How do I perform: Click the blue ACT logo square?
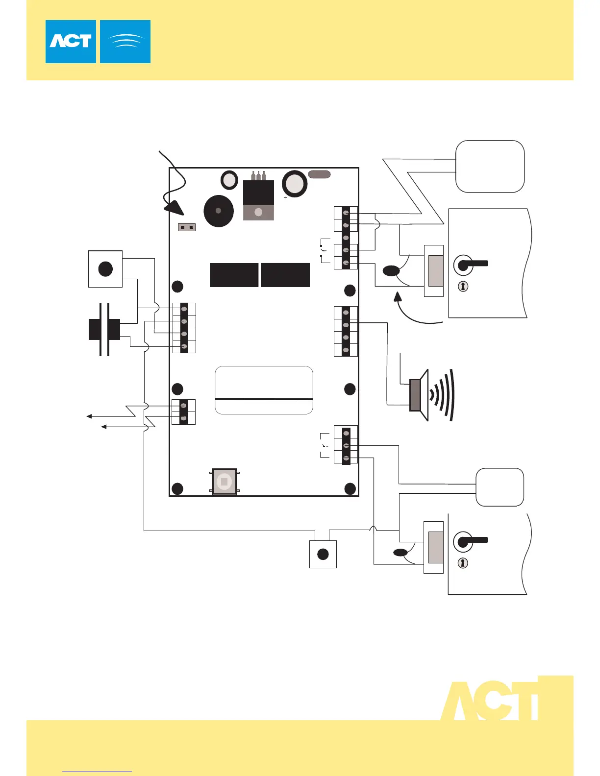point(71,42)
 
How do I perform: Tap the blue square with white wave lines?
point(125,42)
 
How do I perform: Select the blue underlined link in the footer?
point(98,772)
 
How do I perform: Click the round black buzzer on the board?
point(218,211)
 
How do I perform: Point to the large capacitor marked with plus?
point(295,184)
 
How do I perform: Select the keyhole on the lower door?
point(463,563)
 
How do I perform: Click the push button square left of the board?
point(105,268)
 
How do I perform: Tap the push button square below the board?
point(323,554)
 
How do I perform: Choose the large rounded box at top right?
point(490,167)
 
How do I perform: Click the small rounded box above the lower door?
point(500,487)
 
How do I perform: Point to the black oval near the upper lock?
point(391,270)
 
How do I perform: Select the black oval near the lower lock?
point(400,553)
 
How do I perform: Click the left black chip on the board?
point(234,275)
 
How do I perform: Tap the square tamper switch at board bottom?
point(224,482)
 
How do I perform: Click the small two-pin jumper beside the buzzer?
point(186,227)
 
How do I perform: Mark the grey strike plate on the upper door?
point(435,270)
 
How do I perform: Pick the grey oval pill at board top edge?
point(319,174)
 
